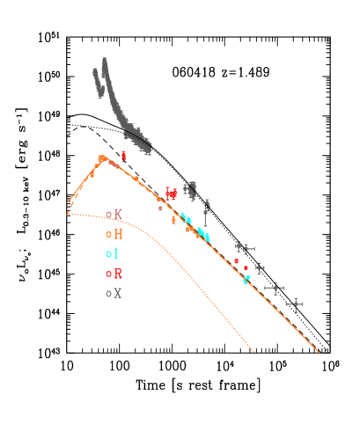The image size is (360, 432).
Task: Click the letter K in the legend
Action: pyautogui.click(x=118, y=214)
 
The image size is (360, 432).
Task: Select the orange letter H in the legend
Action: pyautogui.click(x=118, y=234)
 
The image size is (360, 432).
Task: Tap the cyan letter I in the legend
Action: pyautogui.click(x=115, y=253)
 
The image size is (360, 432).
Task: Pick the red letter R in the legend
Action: pyautogui.click(x=118, y=274)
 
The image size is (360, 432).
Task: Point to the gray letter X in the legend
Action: pyautogui.click(x=117, y=293)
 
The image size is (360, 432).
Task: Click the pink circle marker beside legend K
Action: pyautogui.click(x=108, y=215)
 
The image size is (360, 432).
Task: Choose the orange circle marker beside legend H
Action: pyautogui.click(x=108, y=235)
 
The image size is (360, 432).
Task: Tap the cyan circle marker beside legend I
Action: pyautogui.click(x=108, y=254)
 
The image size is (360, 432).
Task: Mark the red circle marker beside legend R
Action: pyautogui.click(x=108, y=275)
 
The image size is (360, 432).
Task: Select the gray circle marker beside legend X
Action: pyautogui.click(x=108, y=294)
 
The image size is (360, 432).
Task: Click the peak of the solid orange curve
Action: pyautogui.click(x=102, y=158)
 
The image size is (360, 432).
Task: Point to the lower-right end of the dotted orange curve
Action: pyautogui.click(x=253, y=351)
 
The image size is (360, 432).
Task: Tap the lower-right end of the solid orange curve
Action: pyautogui.click(x=318, y=352)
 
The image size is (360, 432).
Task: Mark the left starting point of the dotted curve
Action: pyautogui.click(x=68, y=213)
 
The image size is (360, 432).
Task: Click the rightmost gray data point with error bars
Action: pyautogui.click(x=294, y=304)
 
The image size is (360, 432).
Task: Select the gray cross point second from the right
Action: pyautogui.click(x=275, y=288)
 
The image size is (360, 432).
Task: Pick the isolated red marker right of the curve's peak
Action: pyautogui.click(x=123, y=156)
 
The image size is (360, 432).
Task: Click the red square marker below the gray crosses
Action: pyautogui.click(x=236, y=261)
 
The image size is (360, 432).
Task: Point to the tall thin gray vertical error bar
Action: pyautogui.click(x=206, y=213)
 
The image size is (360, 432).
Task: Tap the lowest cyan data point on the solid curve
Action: pyautogui.click(x=246, y=282)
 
